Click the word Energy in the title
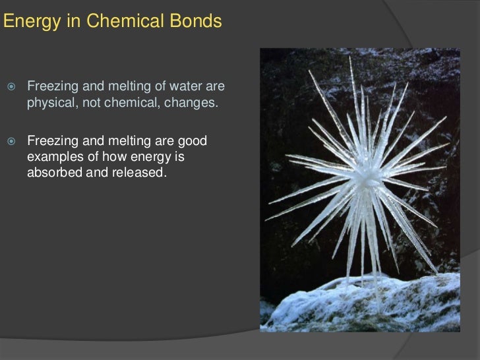[25, 22]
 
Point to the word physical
[51, 104]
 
